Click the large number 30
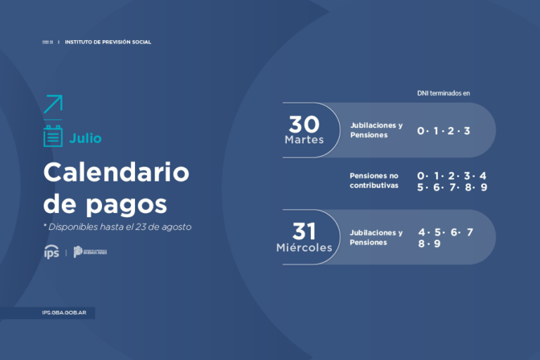coord(304,124)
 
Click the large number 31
coord(304,231)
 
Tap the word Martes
coord(304,140)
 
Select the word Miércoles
coord(304,247)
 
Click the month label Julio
coord(85,138)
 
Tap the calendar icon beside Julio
coord(53,136)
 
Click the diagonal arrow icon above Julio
coord(53,104)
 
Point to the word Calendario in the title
coord(116,172)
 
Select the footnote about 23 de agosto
coord(117,227)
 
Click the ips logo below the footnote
coord(51,252)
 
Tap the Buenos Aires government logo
coord(90,252)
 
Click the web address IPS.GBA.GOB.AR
coord(65,314)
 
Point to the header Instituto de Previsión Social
coord(108,42)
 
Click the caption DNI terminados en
coord(443,93)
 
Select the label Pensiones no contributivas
coord(374,181)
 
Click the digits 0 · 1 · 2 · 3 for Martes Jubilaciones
coord(443,131)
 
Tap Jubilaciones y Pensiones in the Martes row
coord(376,130)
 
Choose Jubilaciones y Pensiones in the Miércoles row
coord(376,238)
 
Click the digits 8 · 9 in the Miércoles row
coord(429,244)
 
